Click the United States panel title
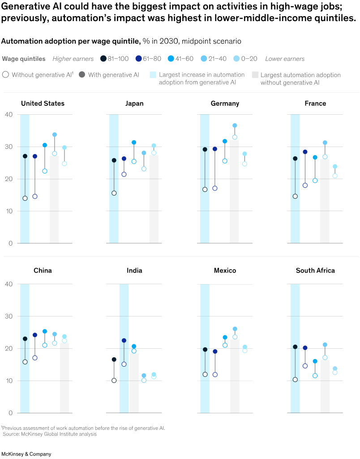click(43, 104)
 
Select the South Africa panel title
click(315, 271)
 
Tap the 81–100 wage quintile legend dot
click(103, 59)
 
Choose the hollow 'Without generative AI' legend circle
click(5, 75)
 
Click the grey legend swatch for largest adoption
click(255, 75)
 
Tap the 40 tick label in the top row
click(9, 114)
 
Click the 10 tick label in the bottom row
click(9, 381)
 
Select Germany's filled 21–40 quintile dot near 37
click(235, 126)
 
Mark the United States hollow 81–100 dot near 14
click(25, 198)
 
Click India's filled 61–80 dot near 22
click(124, 341)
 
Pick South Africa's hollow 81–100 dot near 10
click(295, 380)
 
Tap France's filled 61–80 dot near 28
click(305, 152)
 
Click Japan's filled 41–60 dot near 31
click(134, 143)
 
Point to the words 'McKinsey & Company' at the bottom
click(26, 454)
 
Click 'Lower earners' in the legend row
click(285, 59)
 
